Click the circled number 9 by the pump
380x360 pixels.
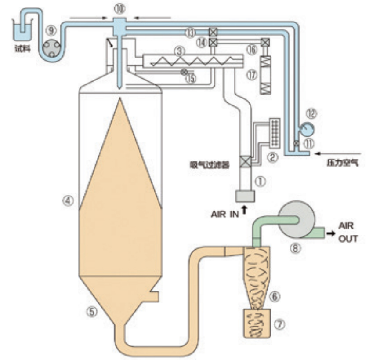(x=52, y=30)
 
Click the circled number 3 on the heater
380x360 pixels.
(x=178, y=52)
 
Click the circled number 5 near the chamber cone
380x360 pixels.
(x=91, y=311)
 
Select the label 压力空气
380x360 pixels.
(x=342, y=163)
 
